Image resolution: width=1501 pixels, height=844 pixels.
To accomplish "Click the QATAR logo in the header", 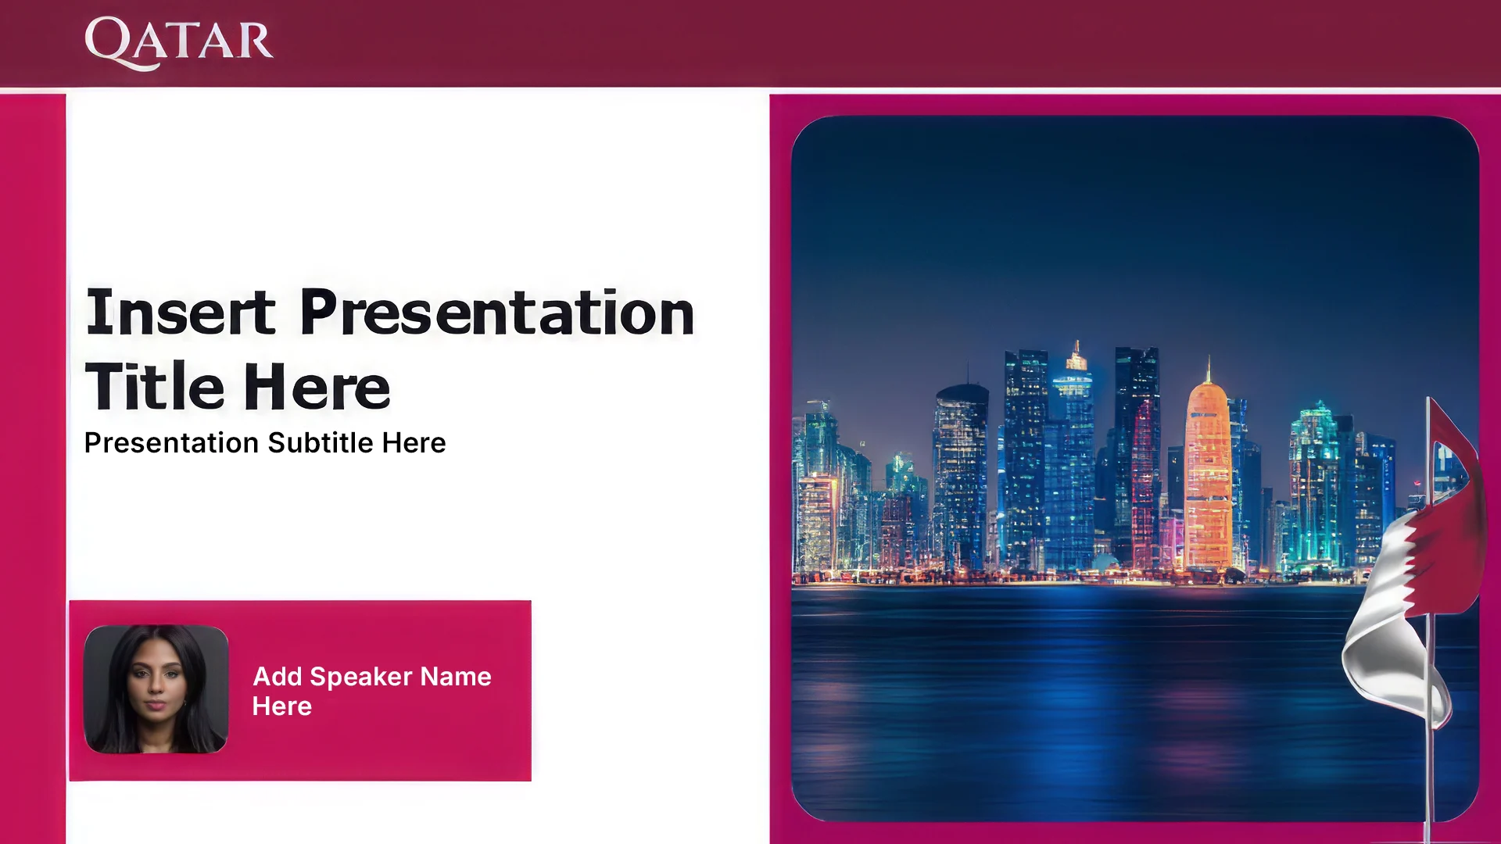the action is point(179,42).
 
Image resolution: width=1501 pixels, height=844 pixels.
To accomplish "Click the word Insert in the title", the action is point(181,313).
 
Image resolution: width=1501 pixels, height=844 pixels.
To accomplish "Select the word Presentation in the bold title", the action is point(497,313).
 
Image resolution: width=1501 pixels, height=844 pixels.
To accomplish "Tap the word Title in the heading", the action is point(155,386).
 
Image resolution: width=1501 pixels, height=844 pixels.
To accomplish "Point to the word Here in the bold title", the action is point(317,386).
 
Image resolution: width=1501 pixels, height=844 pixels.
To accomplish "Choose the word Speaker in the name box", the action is point(361,677).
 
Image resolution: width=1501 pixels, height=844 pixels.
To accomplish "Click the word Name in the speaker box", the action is point(456,677).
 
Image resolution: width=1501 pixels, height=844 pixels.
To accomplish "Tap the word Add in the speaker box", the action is point(278,677).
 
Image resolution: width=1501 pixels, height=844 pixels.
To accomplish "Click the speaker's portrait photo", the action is point(156,689).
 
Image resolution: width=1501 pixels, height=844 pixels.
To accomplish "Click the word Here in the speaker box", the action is point(282,706).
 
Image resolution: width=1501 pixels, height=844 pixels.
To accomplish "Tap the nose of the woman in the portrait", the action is point(155,691).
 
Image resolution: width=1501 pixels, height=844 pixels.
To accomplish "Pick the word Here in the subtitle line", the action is point(414,443).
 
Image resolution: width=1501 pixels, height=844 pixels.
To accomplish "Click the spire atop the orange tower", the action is point(1209,367).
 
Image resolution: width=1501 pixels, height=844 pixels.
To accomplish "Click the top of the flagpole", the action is point(1428,399).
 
